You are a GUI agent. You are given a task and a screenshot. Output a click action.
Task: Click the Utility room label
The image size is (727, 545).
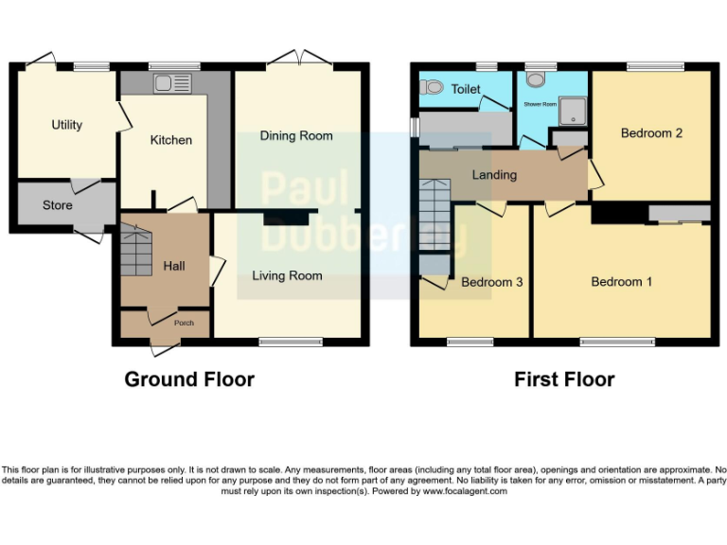click(x=66, y=125)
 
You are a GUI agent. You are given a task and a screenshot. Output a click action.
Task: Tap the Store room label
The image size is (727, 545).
click(x=58, y=205)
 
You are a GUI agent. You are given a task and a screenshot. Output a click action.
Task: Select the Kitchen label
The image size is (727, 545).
click(x=171, y=140)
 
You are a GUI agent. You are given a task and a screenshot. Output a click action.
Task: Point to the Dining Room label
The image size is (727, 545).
click(x=296, y=136)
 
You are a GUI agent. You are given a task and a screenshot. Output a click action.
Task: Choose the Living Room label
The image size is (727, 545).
click(x=287, y=276)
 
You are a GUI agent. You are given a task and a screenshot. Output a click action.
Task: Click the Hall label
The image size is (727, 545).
click(x=174, y=266)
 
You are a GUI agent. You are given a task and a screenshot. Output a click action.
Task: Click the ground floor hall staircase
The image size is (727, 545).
click(x=135, y=249)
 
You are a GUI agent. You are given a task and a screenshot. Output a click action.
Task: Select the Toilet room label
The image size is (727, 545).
click(x=466, y=90)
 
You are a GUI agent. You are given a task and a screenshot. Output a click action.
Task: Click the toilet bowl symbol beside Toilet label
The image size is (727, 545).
click(x=433, y=87)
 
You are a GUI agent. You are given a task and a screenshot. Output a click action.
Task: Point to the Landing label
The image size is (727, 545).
click(x=494, y=175)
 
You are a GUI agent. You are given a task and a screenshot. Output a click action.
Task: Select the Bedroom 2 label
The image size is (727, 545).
click(x=651, y=133)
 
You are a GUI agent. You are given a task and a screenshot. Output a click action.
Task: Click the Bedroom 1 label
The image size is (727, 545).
click(x=621, y=282)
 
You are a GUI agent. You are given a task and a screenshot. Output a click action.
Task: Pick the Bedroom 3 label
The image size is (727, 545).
click(x=492, y=282)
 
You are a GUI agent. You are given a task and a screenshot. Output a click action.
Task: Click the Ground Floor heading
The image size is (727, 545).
click(x=189, y=379)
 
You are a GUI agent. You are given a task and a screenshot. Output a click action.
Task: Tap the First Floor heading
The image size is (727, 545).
click(x=564, y=379)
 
